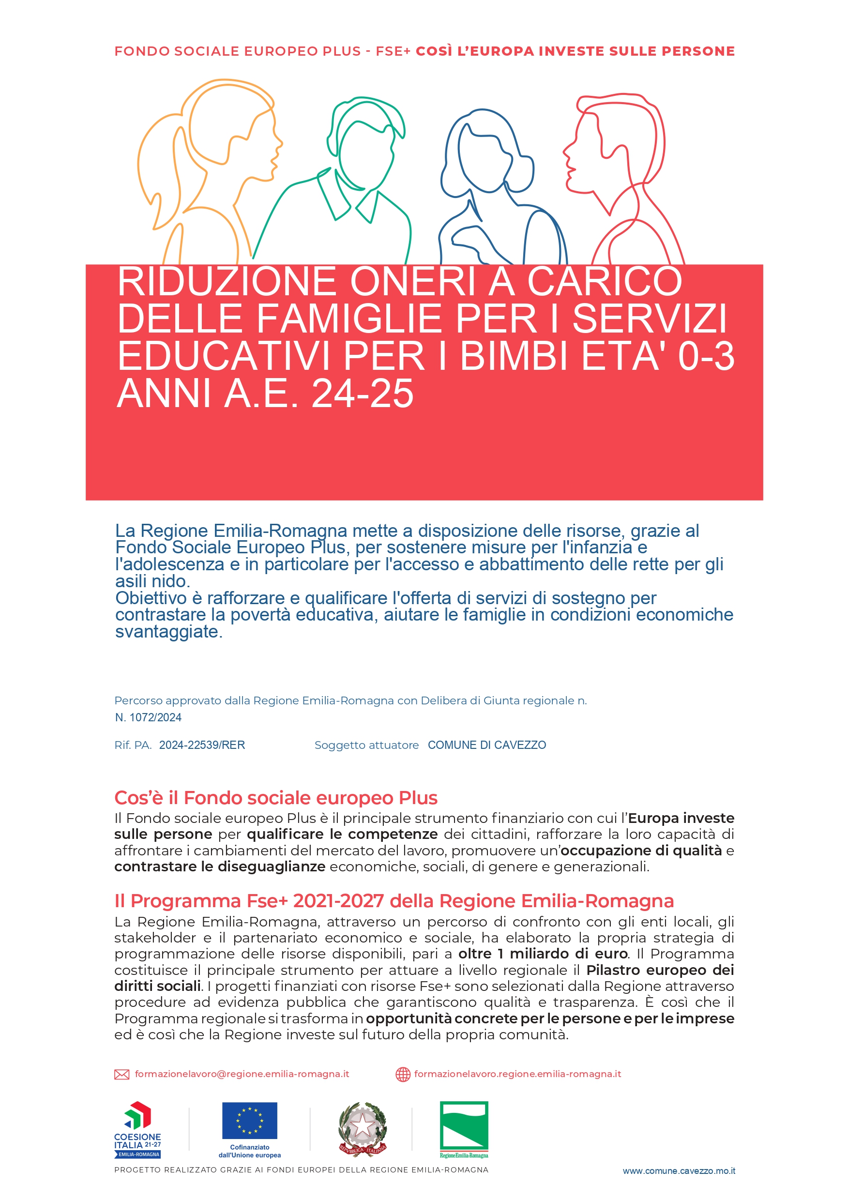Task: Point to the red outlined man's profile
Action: (x=617, y=173)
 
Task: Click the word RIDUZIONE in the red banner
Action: (x=227, y=282)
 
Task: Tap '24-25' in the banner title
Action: (x=362, y=394)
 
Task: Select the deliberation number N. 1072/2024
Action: (x=148, y=717)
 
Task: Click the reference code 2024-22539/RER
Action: (x=202, y=745)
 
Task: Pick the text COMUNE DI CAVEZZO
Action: (x=486, y=745)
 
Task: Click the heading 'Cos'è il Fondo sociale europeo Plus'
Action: (x=276, y=798)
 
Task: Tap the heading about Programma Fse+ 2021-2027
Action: (x=394, y=901)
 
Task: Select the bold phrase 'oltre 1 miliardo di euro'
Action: (x=543, y=954)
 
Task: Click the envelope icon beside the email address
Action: (x=121, y=1075)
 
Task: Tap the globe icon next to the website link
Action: (x=403, y=1075)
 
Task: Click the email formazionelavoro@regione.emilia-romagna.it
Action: (x=242, y=1074)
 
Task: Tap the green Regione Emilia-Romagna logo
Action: (x=464, y=1129)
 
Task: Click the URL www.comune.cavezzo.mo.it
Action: (x=679, y=1171)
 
